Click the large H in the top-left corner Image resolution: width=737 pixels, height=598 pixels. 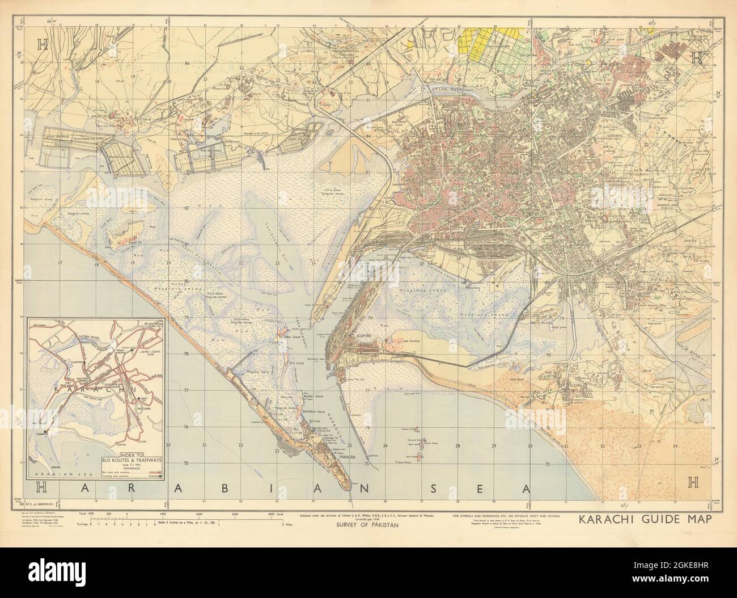click(42, 76)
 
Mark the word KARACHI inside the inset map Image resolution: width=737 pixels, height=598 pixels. click(91, 391)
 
